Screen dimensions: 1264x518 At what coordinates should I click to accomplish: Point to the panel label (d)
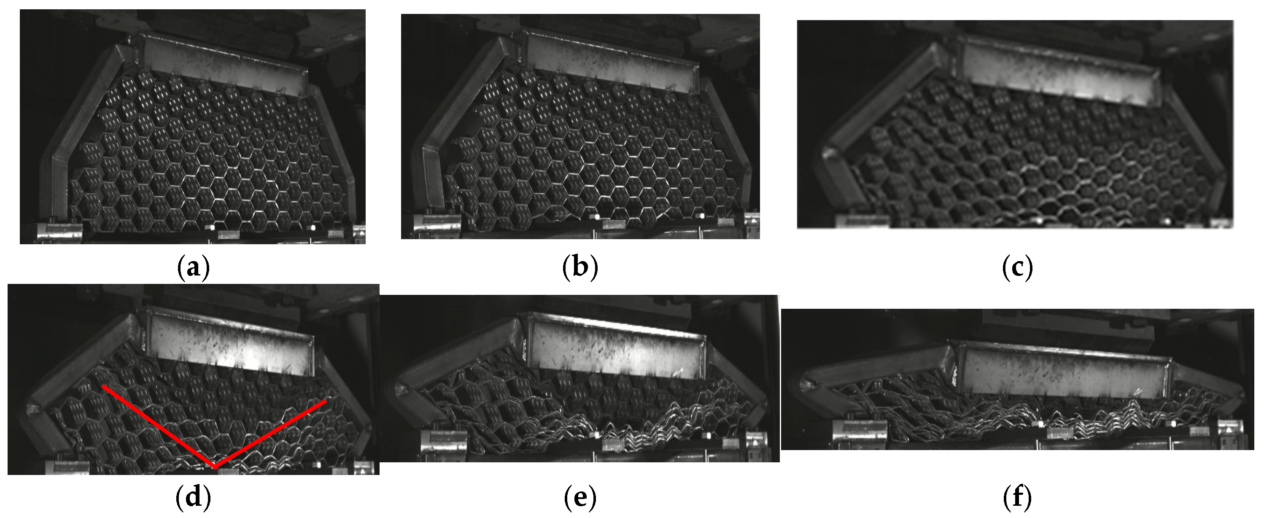[x=193, y=498]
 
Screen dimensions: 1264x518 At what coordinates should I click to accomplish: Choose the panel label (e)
[x=580, y=498]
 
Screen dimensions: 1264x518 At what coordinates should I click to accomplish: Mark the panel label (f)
[x=1017, y=498]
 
